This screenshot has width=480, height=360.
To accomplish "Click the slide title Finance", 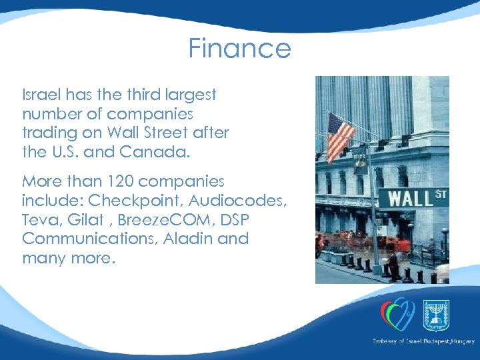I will click(239, 49).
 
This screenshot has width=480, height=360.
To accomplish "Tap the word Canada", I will click(155, 151).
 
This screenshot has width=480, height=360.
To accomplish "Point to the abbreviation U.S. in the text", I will click(67, 151).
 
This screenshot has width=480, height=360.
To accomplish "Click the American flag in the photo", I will click(341, 136).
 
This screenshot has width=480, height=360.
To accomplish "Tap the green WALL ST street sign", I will click(412, 198).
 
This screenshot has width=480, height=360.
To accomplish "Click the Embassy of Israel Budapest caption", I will click(423, 341).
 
